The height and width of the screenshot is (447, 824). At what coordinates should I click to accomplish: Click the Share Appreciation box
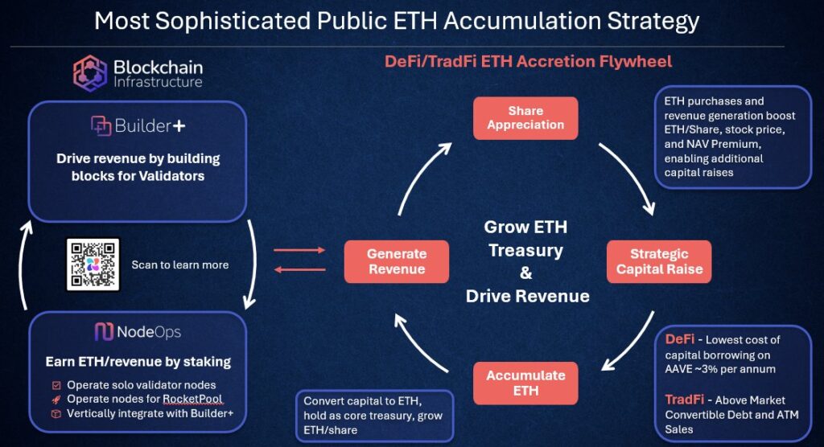tap(525, 117)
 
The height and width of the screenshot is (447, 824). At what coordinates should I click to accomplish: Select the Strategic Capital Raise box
tap(659, 261)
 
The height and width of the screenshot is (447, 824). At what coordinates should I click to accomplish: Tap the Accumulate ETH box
tap(525, 383)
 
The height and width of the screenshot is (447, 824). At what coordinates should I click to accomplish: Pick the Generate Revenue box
tap(396, 261)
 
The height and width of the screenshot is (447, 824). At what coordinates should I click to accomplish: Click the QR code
tap(93, 265)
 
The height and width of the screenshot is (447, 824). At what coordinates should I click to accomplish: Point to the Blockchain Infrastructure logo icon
tap(90, 73)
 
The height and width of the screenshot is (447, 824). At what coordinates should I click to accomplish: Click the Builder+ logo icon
tap(101, 126)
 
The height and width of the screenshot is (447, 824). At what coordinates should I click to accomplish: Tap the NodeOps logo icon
tap(103, 332)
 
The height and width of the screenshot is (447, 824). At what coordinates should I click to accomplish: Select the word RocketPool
tap(192, 399)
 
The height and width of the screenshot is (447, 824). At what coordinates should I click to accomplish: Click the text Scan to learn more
tap(179, 265)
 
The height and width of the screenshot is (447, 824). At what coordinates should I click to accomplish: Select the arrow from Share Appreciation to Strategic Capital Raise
tap(628, 177)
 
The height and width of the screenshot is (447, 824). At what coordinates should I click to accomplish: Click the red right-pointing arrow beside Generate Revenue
tap(299, 251)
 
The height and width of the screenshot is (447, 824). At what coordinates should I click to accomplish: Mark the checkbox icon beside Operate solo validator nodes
tap(56, 385)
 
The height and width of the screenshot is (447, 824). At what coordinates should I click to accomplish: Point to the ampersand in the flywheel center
tap(525, 273)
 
